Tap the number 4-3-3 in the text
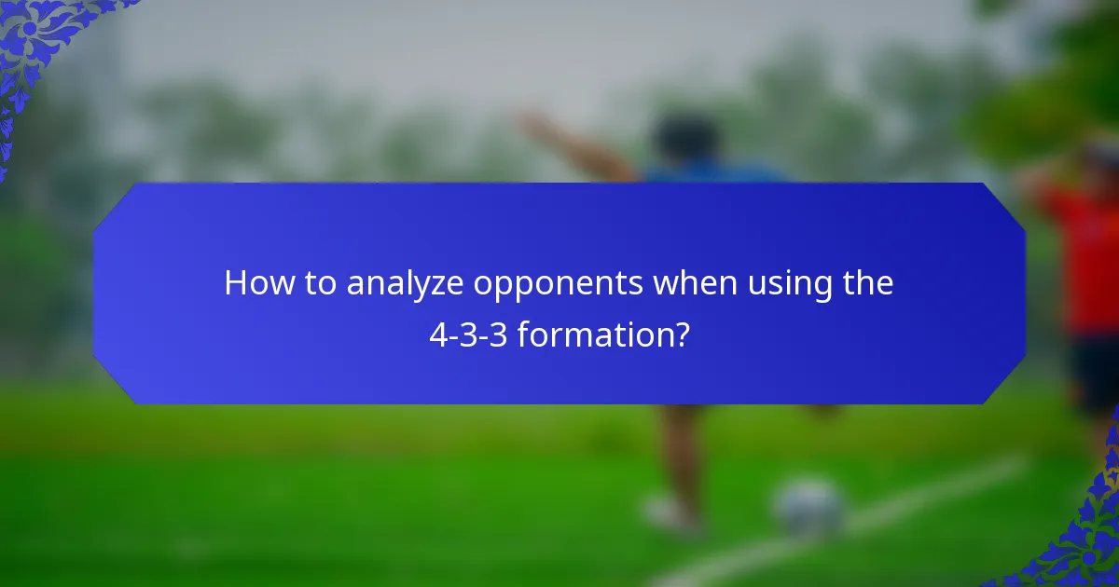(x=467, y=334)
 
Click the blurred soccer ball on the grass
(x=808, y=508)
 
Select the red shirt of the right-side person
(x=1086, y=261)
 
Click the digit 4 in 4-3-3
(x=436, y=334)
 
